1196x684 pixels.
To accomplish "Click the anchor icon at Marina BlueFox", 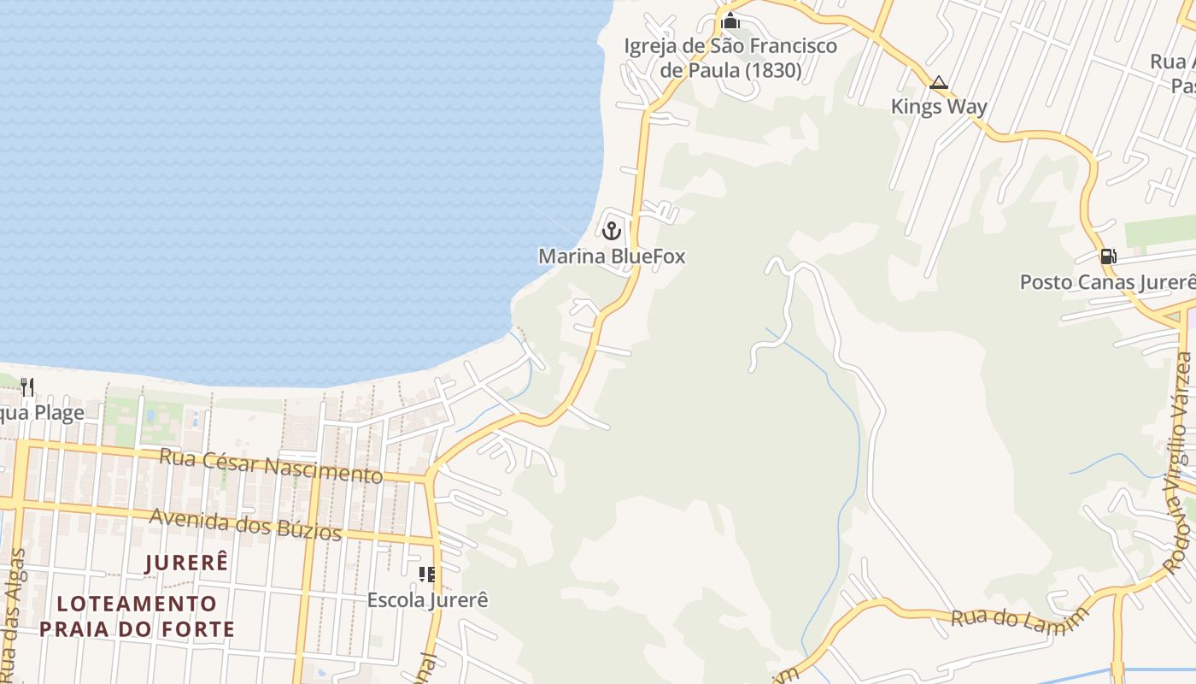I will pos(611,230).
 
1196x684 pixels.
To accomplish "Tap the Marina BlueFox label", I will pos(612,256).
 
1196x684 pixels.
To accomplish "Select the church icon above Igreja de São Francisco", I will pos(730,21).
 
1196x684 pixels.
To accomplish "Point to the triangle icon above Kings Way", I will pos(939,83).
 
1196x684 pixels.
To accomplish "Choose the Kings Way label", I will pos(939,107).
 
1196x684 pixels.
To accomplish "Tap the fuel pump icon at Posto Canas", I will pos(1108,256).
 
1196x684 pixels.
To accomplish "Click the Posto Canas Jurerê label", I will pos(1107,282).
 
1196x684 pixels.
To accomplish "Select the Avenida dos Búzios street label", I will pos(245,522).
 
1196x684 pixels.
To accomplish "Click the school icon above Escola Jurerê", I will pos(427,575).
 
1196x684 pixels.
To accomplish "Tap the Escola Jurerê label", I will pos(427,600).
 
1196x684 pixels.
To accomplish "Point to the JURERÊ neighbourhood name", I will pos(187,563).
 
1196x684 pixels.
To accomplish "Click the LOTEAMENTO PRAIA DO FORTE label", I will pos(137,616).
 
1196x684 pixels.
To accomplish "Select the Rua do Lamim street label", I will pos(1020,616).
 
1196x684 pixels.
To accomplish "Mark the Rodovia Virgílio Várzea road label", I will pos(1183,462).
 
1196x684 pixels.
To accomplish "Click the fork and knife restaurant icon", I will pos(27,387).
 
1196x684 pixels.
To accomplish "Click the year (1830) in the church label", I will pos(773,70).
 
